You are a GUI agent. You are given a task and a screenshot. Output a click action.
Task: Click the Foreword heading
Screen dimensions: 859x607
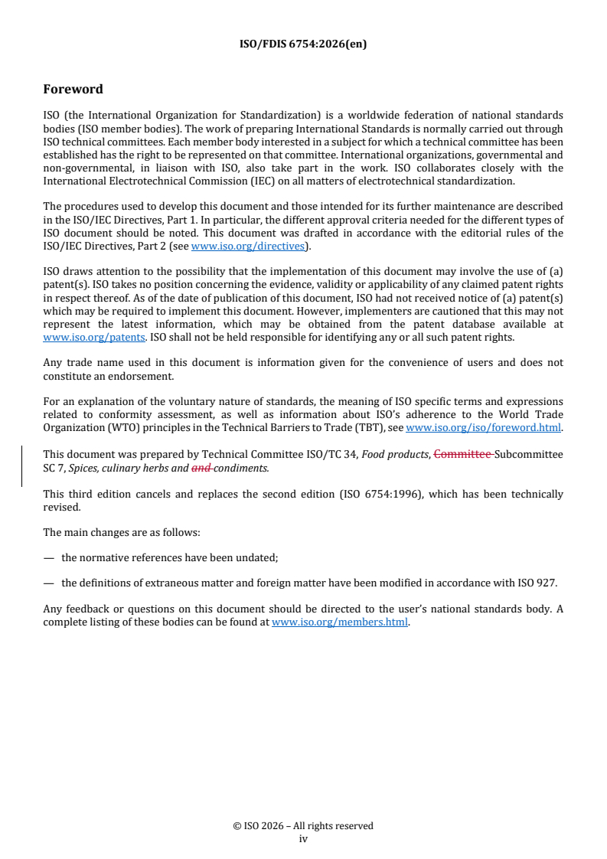tap(73, 89)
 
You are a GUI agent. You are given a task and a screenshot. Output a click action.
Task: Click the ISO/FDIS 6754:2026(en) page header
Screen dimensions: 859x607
tap(303, 44)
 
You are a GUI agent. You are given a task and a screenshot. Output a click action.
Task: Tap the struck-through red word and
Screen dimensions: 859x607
tap(201, 467)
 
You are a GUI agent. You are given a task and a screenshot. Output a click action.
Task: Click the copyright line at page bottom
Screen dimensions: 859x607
tap(303, 825)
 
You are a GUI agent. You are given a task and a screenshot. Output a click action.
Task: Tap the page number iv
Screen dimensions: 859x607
tap(303, 838)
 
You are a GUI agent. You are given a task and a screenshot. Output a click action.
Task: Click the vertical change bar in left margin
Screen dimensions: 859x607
tap(21, 466)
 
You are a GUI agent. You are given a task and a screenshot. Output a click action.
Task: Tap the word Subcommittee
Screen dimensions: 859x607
tap(528, 454)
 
